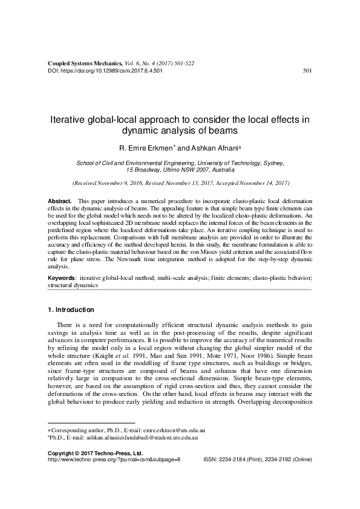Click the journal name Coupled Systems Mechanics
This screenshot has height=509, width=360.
[83, 63]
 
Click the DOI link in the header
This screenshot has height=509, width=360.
[105, 70]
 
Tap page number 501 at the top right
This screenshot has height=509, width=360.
[307, 70]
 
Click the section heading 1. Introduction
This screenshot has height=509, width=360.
[71, 310]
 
